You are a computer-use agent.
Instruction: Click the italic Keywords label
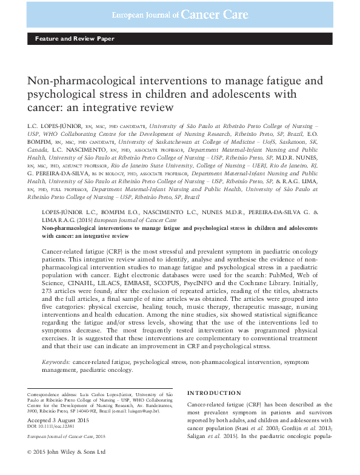(x=55, y=362)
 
